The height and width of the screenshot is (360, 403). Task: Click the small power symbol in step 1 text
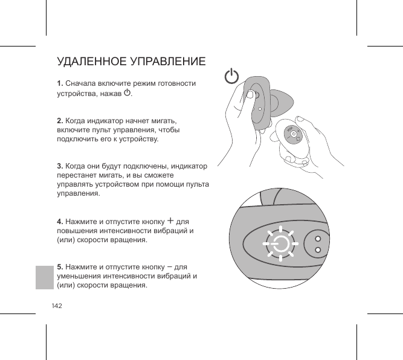[x=127, y=93]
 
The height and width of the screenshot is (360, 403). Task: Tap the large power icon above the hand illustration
[x=231, y=77]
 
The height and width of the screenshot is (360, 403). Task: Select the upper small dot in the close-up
[x=318, y=237]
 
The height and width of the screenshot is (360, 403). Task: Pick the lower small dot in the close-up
[x=318, y=250]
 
